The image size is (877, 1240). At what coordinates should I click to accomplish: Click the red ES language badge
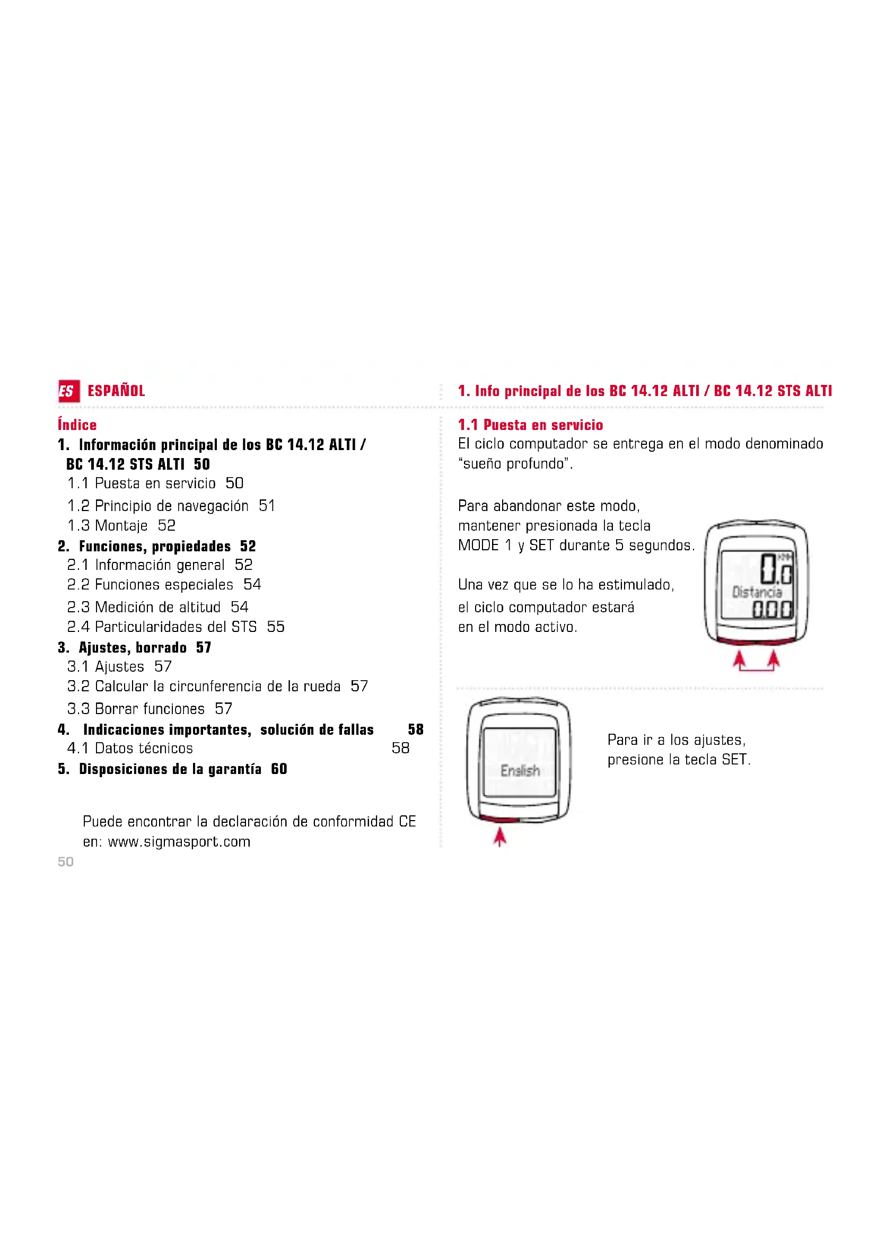(68, 391)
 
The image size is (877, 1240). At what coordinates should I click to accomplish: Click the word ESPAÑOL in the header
(116, 391)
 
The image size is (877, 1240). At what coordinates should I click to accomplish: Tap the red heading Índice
(77, 425)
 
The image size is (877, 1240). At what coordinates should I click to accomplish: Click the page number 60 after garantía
(279, 769)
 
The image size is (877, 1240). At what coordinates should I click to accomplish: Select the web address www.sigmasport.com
(179, 841)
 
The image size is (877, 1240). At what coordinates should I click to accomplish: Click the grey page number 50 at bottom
(66, 861)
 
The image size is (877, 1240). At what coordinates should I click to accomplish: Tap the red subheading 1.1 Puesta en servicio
(530, 425)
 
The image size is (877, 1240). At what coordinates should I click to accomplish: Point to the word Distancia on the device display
(757, 592)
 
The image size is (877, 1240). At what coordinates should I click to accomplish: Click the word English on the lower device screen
(520, 771)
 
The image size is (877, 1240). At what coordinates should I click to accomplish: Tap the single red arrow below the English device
(500, 838)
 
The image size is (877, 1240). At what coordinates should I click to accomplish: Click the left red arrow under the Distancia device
(739, 661)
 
